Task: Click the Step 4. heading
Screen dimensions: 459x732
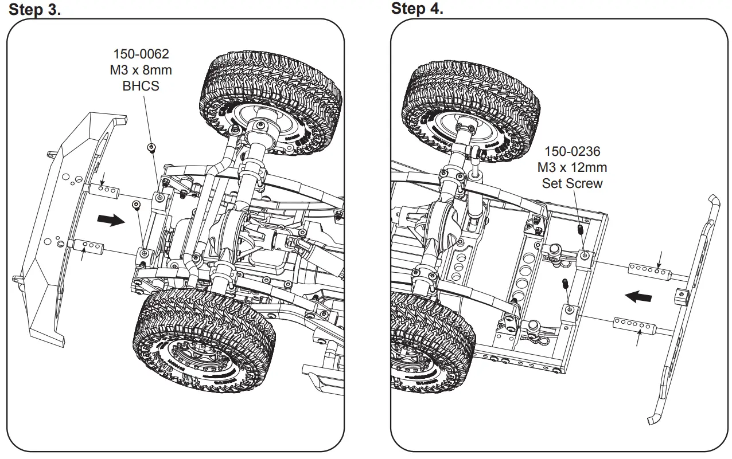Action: (x=417, y=9)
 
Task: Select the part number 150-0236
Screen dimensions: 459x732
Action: (x=572, y=152)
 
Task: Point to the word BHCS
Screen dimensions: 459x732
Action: (x=141, y=87)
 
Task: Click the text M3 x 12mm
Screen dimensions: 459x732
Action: (x=572, y=167)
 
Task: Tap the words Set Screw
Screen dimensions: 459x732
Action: (x=572, y=183)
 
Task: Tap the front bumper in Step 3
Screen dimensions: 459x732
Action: (x=57, y=229)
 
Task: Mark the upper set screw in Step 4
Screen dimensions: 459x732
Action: (x=579, y=229)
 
